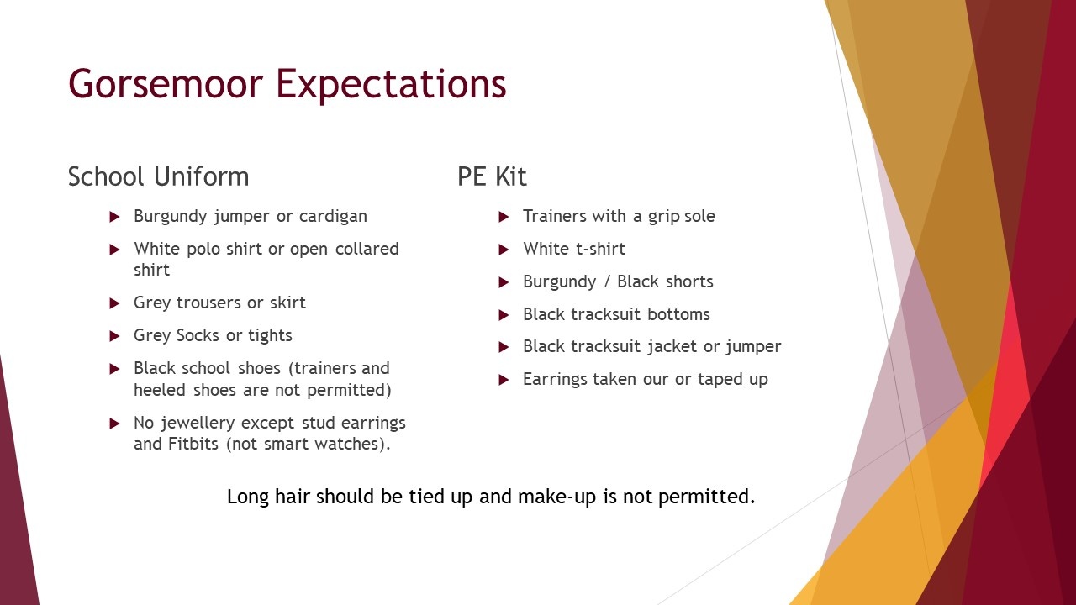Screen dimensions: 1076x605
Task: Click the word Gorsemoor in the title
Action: tap(166, 83)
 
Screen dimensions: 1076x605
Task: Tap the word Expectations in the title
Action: tap(391, 86)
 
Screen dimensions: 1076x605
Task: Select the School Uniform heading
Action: tap(159, 176)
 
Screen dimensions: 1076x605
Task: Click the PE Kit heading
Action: tap(492, 176)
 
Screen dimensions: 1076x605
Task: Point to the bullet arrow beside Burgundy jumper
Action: tap(114, 217)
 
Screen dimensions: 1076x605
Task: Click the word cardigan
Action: tap(333, 217)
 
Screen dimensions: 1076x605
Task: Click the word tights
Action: tap(270, 335)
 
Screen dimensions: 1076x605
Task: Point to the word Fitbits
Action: tap(193, 444)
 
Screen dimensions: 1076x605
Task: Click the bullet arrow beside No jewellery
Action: tap(114, 423)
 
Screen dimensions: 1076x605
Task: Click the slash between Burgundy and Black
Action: tap(607, 281)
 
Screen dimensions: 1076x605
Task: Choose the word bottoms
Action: tap(678, 314)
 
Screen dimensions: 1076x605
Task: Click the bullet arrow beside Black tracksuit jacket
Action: tap(504, 347)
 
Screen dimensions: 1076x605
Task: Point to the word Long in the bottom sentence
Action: tap(248, 497)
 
